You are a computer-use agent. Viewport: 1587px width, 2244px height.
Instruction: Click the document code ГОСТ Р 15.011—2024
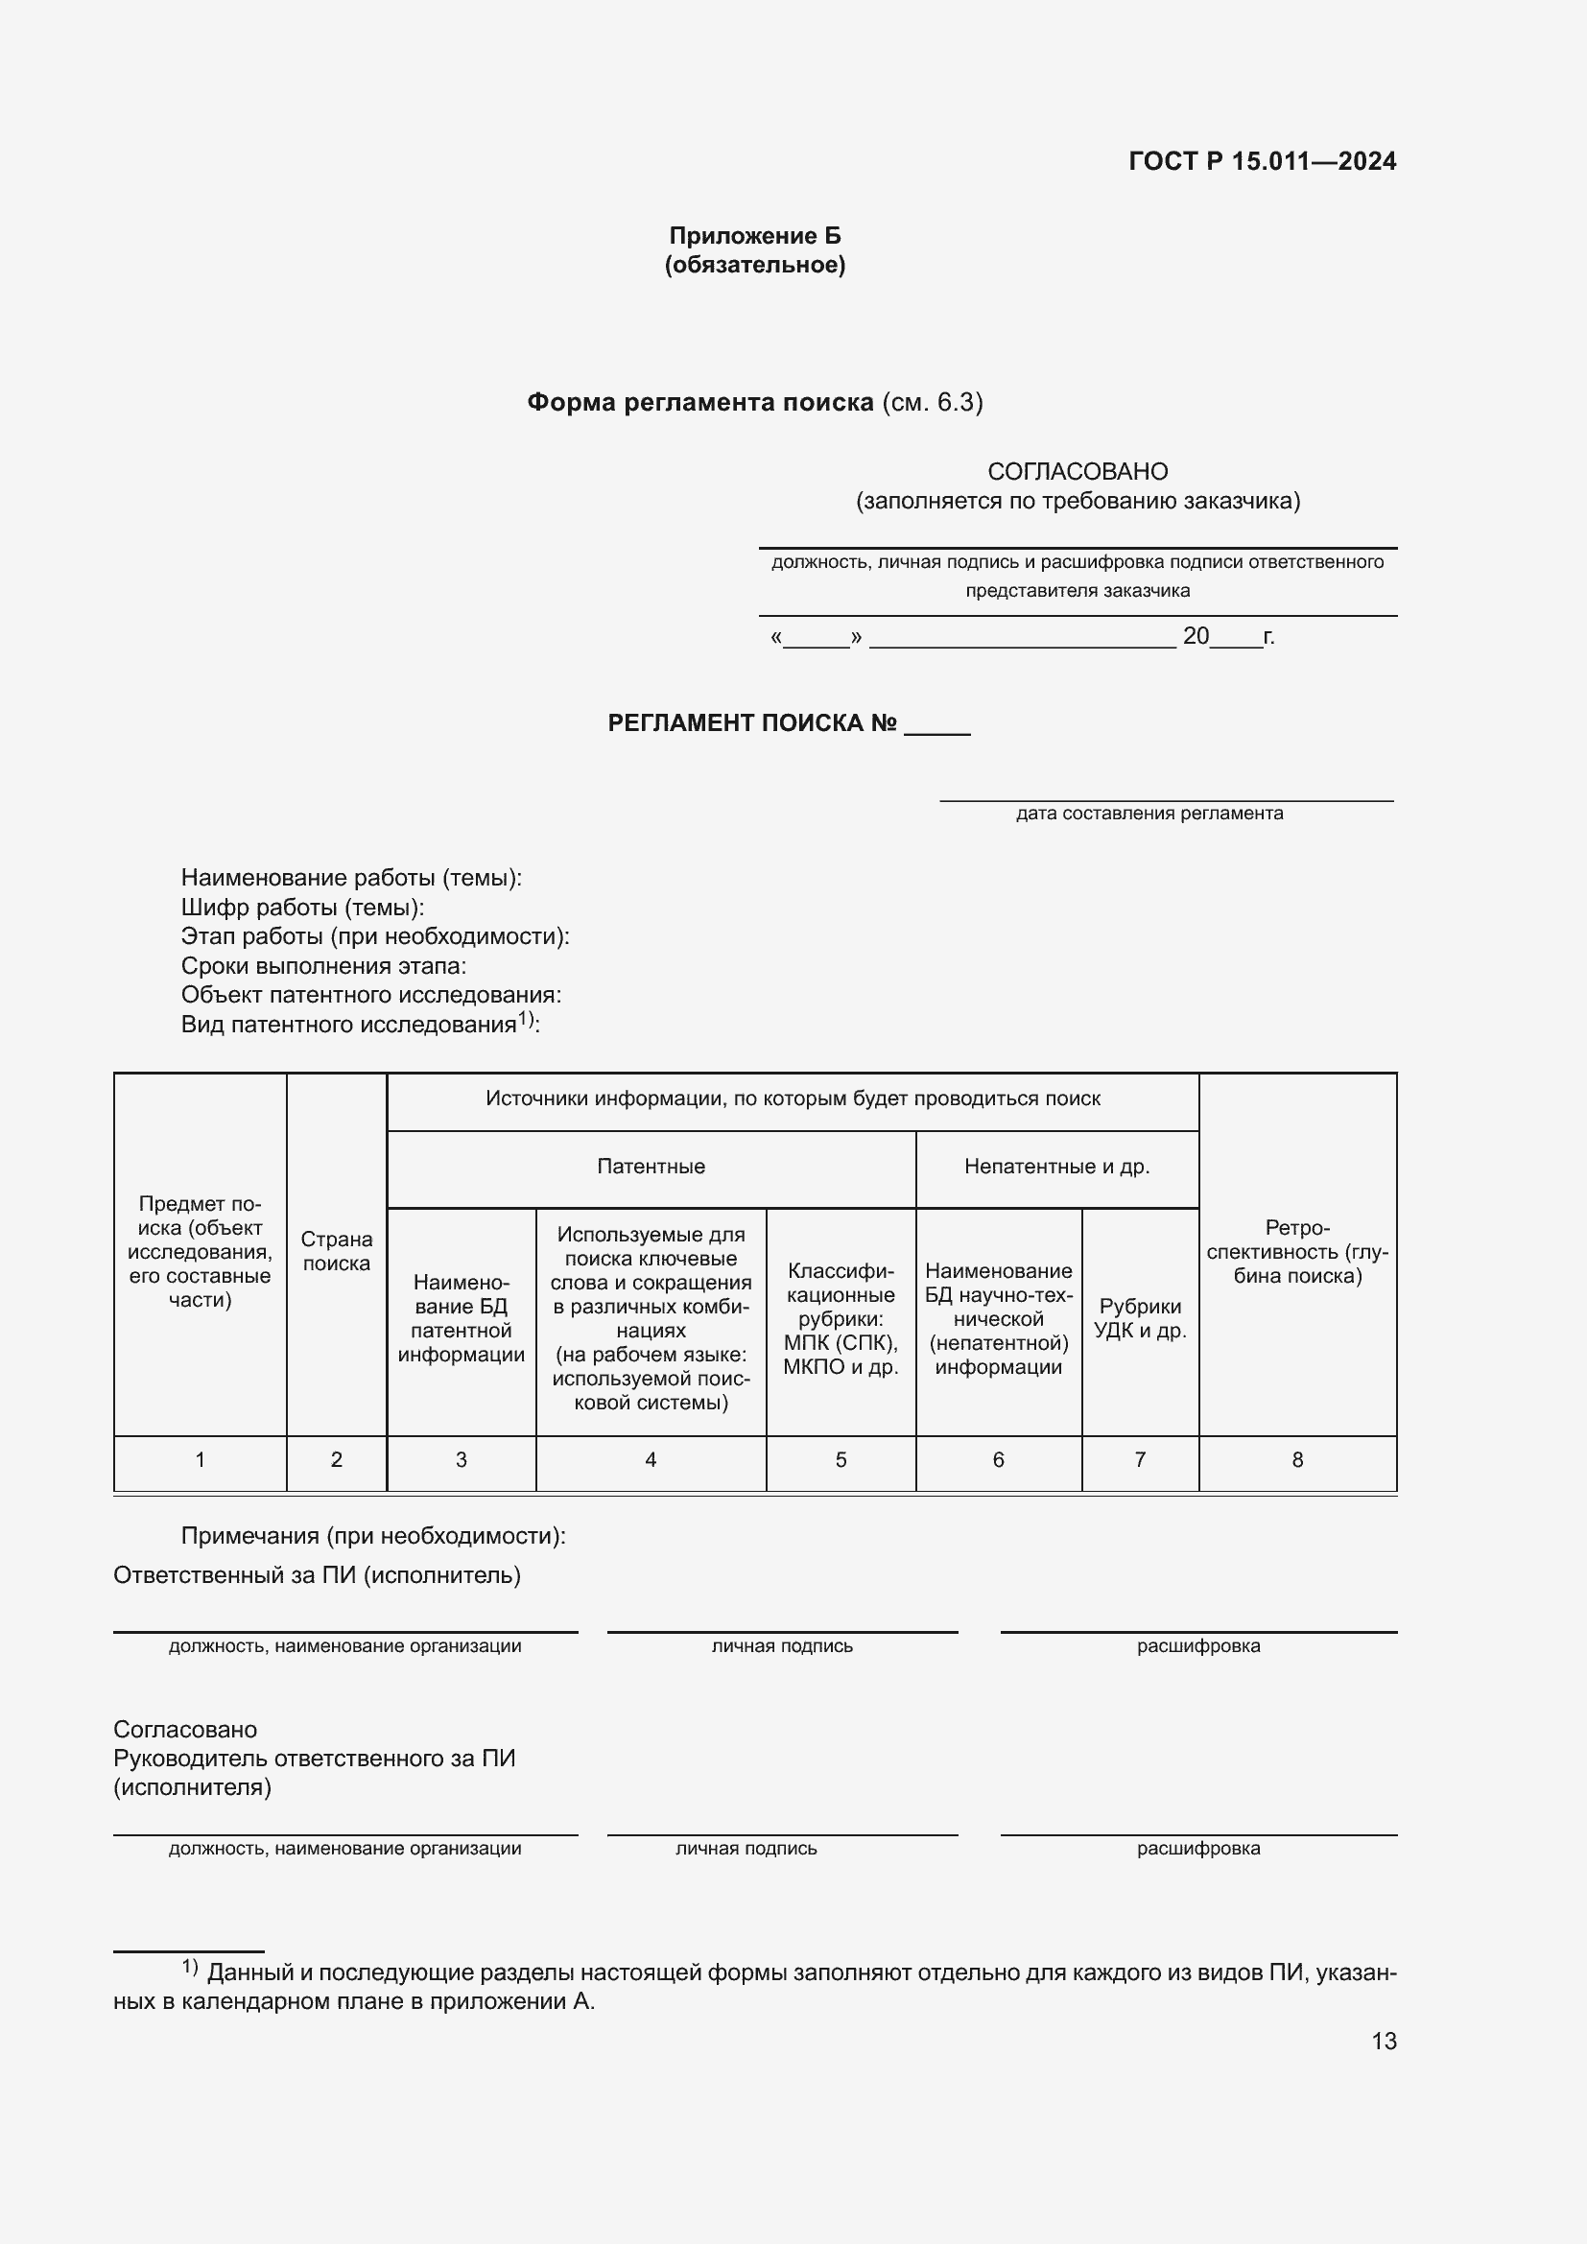click(1262, 161)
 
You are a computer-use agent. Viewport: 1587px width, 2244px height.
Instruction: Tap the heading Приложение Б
click(754, 236)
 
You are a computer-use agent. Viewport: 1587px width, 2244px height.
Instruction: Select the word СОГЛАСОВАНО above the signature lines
click(1077, 471)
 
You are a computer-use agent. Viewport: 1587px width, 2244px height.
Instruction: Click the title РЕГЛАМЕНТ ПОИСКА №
click(751, 722)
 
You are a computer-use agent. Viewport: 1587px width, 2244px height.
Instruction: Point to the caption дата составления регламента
click(1149, 814)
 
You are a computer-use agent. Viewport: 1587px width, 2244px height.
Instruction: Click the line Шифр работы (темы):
click(302, 907)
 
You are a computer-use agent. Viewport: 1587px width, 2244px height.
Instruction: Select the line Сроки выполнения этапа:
click(322, 966)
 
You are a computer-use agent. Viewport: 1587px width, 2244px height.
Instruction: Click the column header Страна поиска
click(336, 1251)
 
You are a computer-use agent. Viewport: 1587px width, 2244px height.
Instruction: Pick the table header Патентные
click(651, 1166)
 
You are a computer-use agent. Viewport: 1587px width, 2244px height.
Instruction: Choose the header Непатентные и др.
click(1056, 1166)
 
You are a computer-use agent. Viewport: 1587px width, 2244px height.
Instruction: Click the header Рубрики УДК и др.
click(1140, 1318)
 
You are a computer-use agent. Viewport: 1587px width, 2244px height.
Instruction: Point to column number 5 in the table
click(841, 1459)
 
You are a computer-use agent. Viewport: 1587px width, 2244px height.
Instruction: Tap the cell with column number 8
click(1297, 1459)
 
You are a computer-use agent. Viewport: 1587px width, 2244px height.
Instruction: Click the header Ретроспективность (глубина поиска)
click(1297, 1251)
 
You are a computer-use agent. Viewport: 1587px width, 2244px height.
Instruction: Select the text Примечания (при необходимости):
click(372, 1535)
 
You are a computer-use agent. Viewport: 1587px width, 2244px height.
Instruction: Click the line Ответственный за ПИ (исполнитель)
click(317, 1574)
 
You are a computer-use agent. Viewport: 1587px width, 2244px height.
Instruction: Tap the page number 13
click(1383, 2041)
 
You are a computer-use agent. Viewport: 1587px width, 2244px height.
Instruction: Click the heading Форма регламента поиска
click(699, 403)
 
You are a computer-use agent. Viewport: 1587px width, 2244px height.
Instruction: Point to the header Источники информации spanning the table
click(793, 1098)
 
